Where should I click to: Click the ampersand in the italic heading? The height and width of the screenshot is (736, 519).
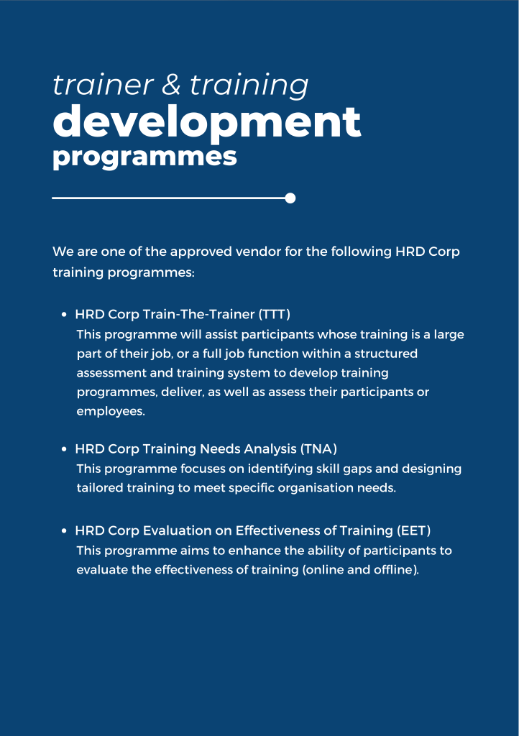pos(171,85)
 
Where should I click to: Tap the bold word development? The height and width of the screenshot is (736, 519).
pos(207,121)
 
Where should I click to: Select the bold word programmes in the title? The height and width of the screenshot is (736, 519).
pos(144,157)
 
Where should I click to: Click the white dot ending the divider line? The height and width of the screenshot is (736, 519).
pos(290,198)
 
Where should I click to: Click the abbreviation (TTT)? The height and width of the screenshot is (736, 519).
pos(275,314)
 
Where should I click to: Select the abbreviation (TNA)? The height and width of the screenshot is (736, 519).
pos(318,448)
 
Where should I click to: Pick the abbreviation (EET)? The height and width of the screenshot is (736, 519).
pos(413,530)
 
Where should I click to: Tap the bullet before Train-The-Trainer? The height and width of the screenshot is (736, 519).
pos(64,315)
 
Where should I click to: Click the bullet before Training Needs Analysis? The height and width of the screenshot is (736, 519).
pos(64,449)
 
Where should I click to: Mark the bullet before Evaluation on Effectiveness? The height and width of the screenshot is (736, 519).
pos(64,531)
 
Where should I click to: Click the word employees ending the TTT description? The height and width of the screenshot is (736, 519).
pos(111,412)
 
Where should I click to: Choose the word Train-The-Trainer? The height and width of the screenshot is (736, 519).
pos(198,314)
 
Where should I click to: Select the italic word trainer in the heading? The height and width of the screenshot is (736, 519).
pos(103,85)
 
